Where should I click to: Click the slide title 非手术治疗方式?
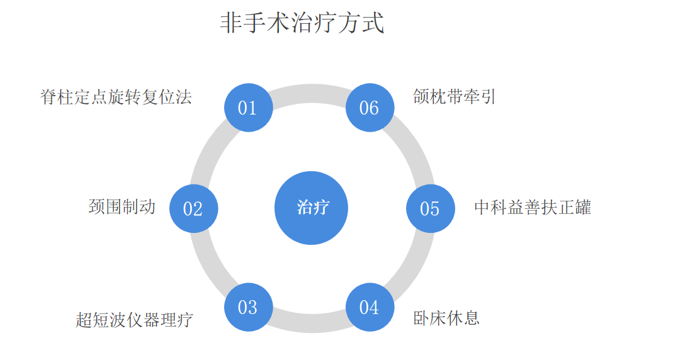pyautogui.click(x=302, y=23)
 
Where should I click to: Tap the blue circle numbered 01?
pyautogui.click(x=248, y=108)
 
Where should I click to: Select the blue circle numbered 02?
pyautogui.click(x=193, y=208)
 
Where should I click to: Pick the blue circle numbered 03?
pyautogui.click(x=248, y=307)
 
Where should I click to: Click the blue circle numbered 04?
pyautogui.click(x=370, y=307)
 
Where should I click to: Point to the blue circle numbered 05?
pyautogui.click(x=430, y=208)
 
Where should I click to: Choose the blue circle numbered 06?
pyautogui.click(x=370, y=108)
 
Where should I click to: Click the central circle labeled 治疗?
pyautogui.click(x=312, y=208)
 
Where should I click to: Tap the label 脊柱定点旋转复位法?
pyautogui.click(x=116, y=98)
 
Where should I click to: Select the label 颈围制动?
pyautogui.click(x=122, y=206)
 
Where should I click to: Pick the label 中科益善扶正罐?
pyautogui.click(x=533, y=207)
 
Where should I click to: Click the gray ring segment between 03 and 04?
pyautogui.click(x=309, y=323)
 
